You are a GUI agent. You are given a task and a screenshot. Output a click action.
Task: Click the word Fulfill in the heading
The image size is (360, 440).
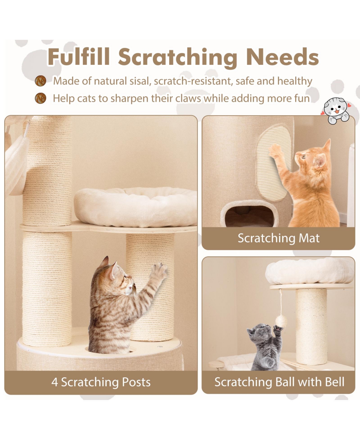coord(79,57)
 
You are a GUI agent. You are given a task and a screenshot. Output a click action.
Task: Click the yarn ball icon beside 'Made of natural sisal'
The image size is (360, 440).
coord(41,81)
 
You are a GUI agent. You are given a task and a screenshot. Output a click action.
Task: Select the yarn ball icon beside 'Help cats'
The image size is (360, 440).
coord(41,98)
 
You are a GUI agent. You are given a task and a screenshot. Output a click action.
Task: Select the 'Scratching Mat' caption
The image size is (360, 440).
coord(278,238)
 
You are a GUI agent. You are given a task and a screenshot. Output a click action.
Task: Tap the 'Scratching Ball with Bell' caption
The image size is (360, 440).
coord(279,382)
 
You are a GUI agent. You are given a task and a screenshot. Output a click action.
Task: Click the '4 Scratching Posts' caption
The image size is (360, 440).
coord(101,382)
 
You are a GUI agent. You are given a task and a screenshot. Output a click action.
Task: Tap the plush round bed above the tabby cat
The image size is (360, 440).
coord(135,204)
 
